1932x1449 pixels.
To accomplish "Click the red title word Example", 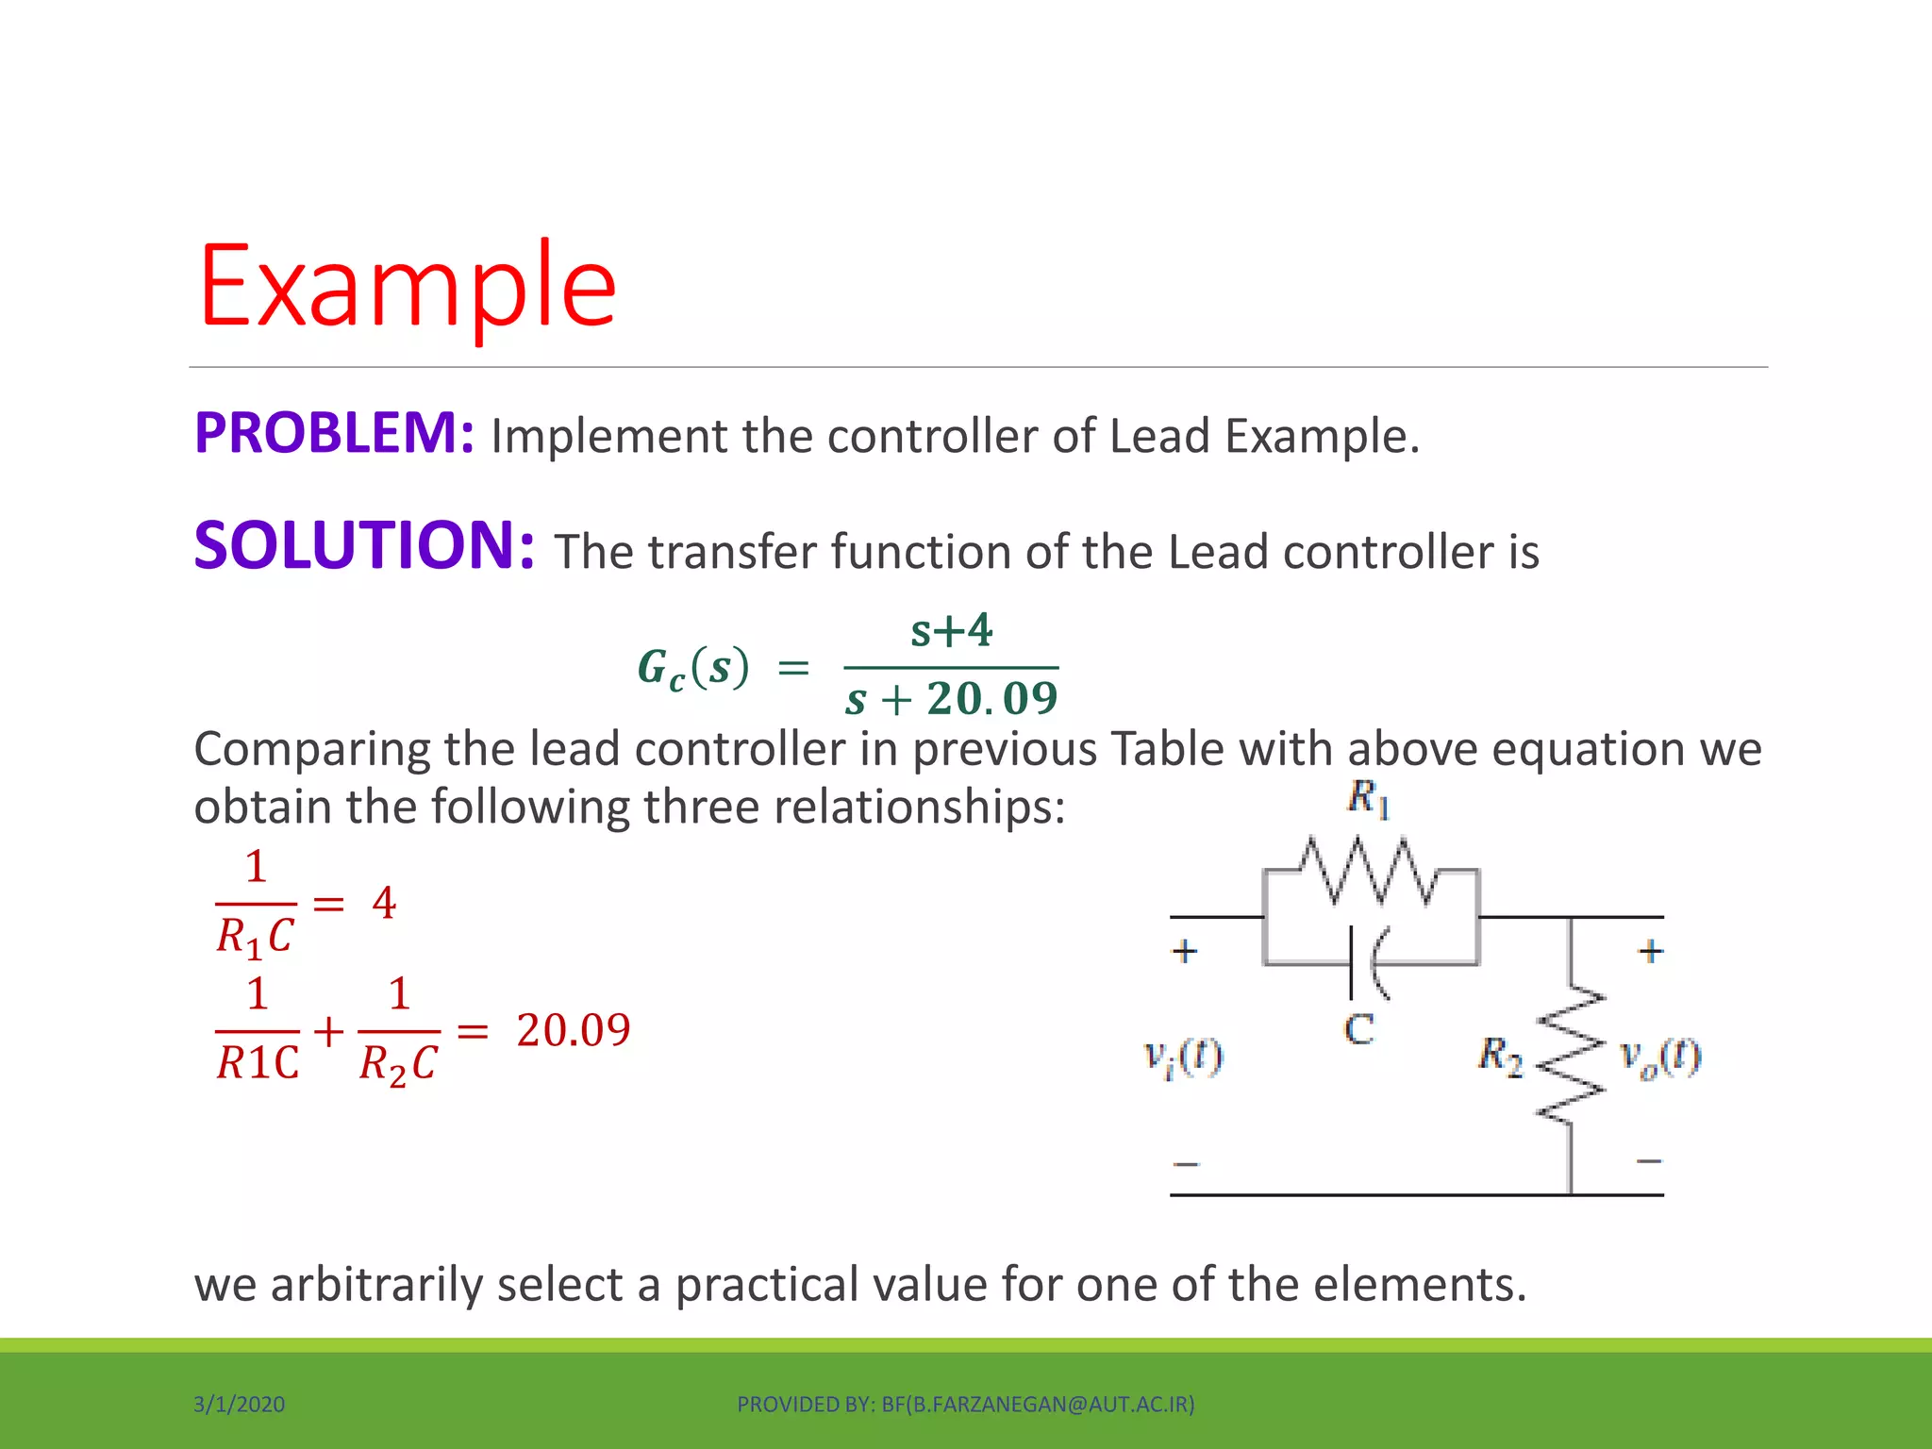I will click(x=408, y=285).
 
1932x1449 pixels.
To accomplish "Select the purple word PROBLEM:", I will click(x=334, y=434).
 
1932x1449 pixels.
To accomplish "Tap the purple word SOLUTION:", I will click(x=364, y=547).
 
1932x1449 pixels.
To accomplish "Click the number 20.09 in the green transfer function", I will click(x=991, y=699).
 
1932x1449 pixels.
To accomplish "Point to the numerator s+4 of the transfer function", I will click(x=951, y=630).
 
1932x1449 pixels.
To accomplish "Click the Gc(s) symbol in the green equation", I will click(x=693, y=668).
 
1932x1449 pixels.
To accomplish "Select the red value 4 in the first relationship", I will click(x=384, y=903).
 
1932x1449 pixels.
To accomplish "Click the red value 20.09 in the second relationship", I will click(x=574, y=1029).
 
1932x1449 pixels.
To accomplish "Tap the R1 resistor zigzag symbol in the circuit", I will click(x=1370, y=870).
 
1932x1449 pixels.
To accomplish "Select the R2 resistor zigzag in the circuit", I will click(x=1571, y=1057).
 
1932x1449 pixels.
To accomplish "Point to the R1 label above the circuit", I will click(x=1369, y=799).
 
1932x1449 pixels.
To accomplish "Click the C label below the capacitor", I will click(x=1358, y=1029).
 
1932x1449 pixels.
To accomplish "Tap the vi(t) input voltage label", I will click(x=1183, y=1057).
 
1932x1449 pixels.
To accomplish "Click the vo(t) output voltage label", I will click(x=1660, y=1057).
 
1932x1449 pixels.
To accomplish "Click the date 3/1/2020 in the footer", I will click(x=239, y=1405).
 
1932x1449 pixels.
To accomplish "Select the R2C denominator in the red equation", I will click(x=398, y=1064).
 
